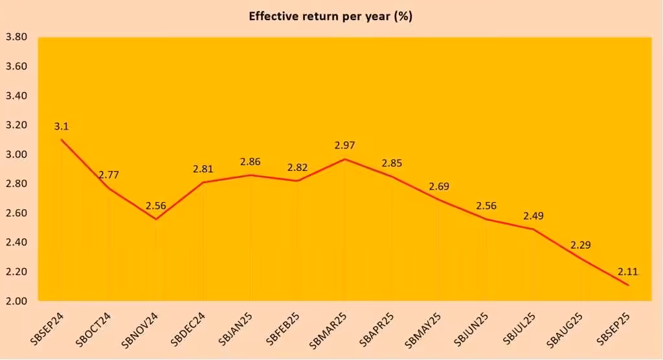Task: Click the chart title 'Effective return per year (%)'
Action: (x=331, y=17)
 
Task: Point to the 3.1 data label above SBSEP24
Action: (x=62, y=127)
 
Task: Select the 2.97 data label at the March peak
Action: (x=344, y=146)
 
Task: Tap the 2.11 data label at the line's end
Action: (x=627, y=272)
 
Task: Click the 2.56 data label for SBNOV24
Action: (x=155, y=206)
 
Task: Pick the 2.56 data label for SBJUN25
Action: (x=486, y=206)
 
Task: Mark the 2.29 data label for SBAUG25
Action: (x=581, y=245)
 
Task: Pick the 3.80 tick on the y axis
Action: (x=16, y=38)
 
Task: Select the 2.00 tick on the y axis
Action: (x=16, y=301)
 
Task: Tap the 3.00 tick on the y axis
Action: (x=16, y=155)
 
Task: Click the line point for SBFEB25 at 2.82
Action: (x=297, y=181)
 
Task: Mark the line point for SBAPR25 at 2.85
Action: (x=392, y=176)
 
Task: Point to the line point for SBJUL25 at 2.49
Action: (x=534, y=229)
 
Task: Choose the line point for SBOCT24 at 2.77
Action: (x=108, y=188)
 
